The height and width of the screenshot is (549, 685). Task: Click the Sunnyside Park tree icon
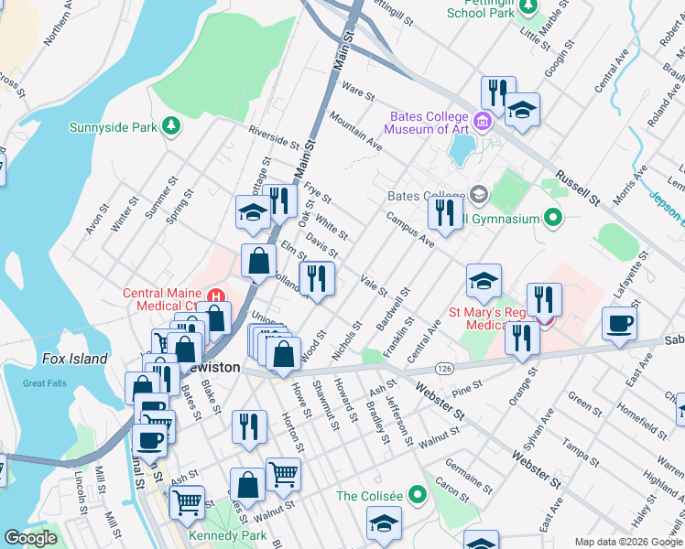170,126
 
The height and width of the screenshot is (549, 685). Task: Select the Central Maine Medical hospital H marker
216,296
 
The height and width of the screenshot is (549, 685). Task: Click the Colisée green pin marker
419,496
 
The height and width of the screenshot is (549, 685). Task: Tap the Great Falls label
45,383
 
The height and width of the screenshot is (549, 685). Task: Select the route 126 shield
445,368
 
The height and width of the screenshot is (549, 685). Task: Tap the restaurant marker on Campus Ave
444,213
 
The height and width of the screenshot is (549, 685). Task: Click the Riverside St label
274,137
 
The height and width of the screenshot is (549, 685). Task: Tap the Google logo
30,538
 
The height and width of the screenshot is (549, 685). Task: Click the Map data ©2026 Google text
627,542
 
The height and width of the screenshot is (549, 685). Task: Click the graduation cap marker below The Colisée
384,522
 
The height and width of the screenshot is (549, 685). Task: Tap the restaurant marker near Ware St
495,91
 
